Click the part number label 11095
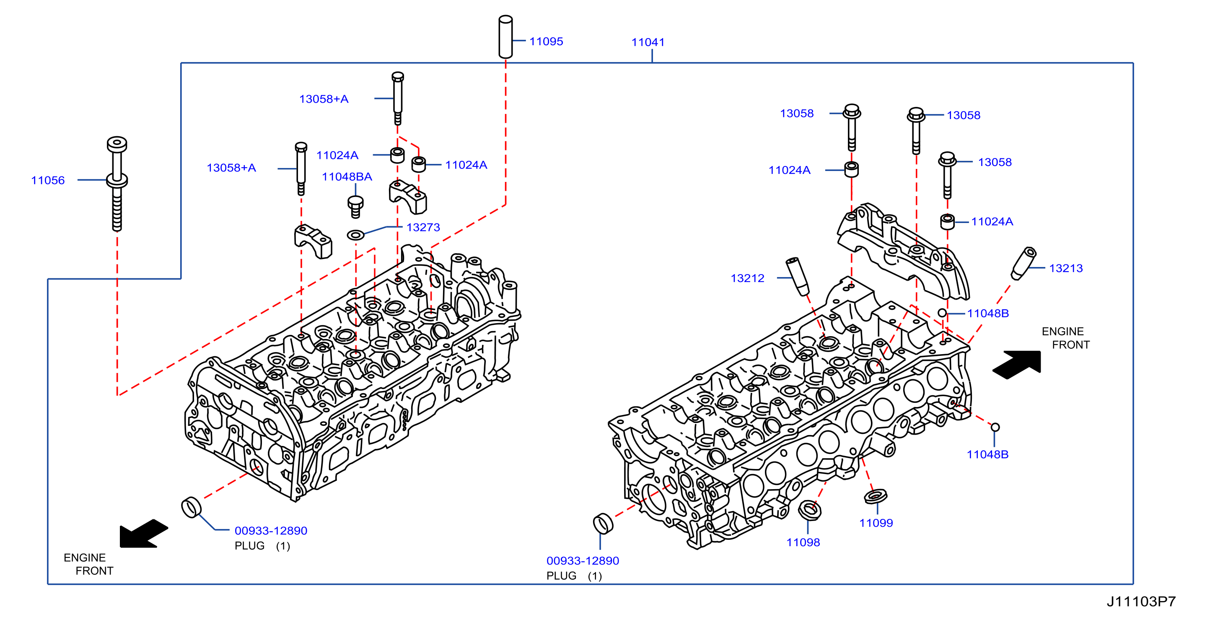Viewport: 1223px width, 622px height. [546, 41]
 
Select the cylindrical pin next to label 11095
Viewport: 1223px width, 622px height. [505, 37]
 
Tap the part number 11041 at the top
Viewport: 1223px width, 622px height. [648, 42]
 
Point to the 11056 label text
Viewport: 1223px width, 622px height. [47, 180]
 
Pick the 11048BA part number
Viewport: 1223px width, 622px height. [347, 176]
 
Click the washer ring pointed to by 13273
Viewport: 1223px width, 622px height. [355, 235]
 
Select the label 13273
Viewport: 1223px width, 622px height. [423, 228]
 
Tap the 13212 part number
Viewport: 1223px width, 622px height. [747, 278]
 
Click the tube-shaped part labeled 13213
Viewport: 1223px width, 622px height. [1023, 263]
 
